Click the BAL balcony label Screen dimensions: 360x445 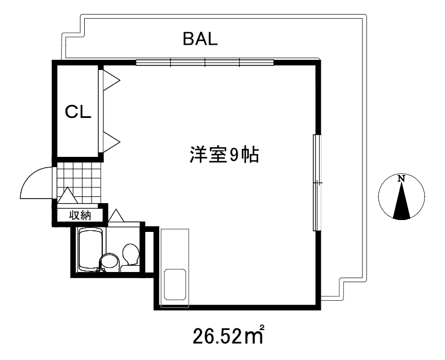click(200, 39)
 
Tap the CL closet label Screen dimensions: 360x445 click(78, 112)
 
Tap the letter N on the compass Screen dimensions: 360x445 click(402, 179)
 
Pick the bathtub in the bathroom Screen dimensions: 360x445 click(89, 250)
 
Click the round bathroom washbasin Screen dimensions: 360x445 click(108, 262)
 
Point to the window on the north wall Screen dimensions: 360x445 click(205, 62)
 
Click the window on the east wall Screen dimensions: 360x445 click(317, 182)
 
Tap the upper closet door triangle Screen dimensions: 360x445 click(110, 80)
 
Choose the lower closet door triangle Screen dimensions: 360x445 click(110, 141)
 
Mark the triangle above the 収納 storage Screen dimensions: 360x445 click(68, 196)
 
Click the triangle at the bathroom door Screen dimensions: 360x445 click(117, 216)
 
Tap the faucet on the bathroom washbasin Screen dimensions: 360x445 click(102, 270)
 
